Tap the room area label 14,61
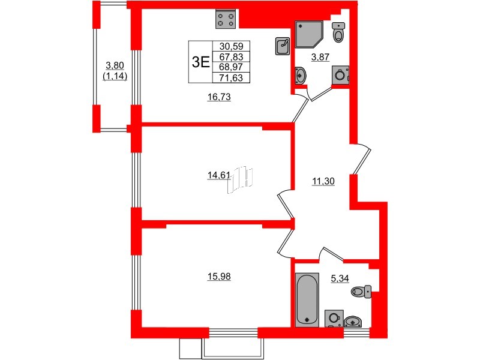click(x=215, y=175)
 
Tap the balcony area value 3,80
click(x=115, y=67)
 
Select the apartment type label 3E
click(x=200, y=61)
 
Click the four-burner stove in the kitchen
click(x=226, y=20)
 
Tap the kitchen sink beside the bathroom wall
click(x=283, y=46)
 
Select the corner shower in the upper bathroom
click(x=308, y=34)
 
